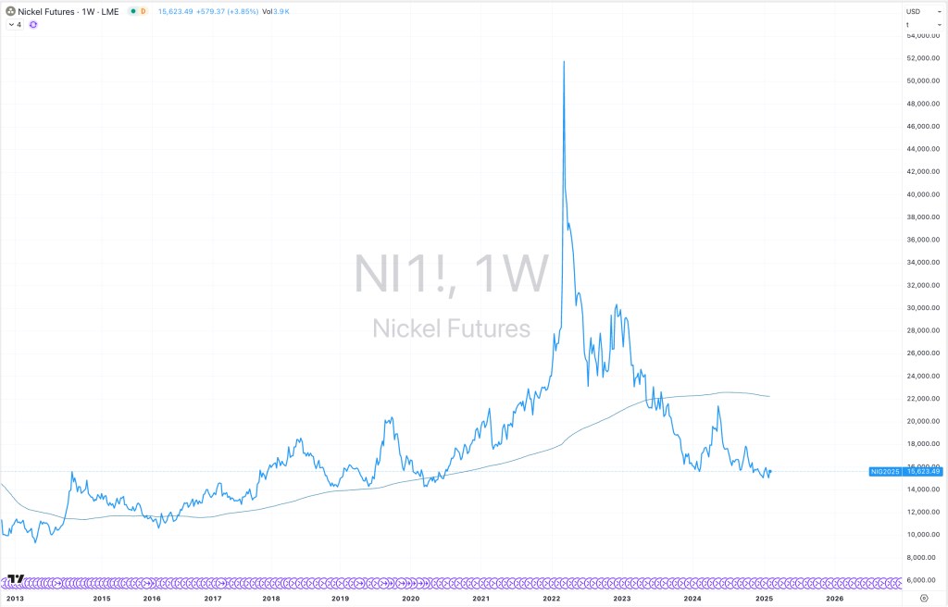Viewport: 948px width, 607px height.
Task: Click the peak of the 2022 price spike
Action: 564,61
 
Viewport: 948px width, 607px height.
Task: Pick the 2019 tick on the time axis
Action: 341,599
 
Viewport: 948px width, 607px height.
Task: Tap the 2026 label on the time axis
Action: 834,599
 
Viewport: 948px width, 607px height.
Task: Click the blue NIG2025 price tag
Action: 885,472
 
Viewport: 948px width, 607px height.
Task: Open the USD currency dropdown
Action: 914,11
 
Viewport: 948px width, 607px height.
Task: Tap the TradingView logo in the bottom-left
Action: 15,580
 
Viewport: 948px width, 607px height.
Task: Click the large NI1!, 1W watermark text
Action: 451,273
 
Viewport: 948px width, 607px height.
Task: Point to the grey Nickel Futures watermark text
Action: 451,328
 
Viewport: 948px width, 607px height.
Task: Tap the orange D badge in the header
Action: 143,11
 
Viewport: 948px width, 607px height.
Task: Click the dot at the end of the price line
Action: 770,471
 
